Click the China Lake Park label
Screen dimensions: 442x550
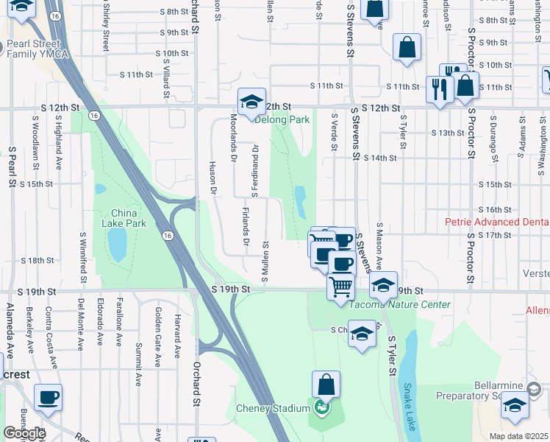(124, 218)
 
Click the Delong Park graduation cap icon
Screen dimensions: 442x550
(251, 101)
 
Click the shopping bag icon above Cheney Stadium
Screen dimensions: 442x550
(326, 384)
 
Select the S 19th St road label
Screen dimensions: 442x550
(231, 290)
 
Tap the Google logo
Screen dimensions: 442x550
(24, 433)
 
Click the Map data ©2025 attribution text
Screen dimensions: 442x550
(519, 436)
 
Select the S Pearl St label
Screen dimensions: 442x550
(12, 169)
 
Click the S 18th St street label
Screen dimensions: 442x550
(37, 260)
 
